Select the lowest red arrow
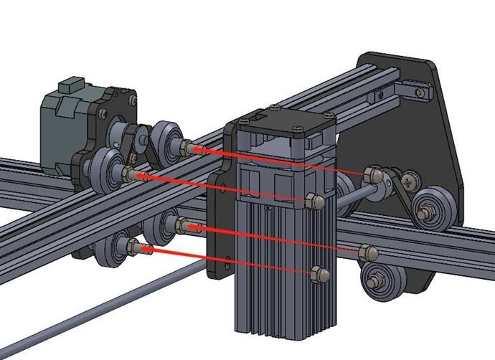(230, 262)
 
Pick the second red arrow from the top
(222, 189)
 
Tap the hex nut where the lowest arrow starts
(319, 273)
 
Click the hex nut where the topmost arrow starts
(373, 174)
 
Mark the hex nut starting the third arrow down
(365, 251)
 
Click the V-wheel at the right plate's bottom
(379, 278)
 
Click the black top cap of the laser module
(287, 122)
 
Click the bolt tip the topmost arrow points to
(188, 148)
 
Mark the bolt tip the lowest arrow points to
(134, 247)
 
